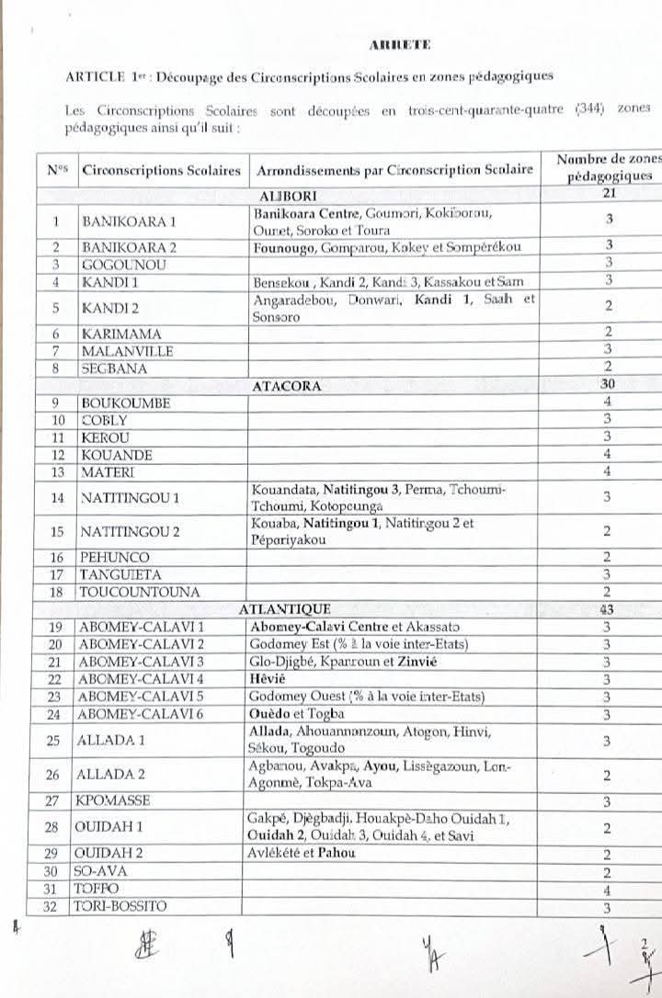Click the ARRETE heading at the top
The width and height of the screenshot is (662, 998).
pos(399,44)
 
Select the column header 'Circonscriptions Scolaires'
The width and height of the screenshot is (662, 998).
pos(161,170)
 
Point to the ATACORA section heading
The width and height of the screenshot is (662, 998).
pos(286,386)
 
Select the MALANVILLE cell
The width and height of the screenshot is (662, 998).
pos(127,351)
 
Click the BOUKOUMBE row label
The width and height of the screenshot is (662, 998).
pos(125,403)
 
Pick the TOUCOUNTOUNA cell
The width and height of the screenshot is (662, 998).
pos(140,593)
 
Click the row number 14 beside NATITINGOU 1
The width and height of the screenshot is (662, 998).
pos(57,497)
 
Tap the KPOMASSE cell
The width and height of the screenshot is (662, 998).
pos(115,800)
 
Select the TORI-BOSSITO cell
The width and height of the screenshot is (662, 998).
pos(124,907)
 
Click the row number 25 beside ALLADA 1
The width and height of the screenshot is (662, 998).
pos(57,740)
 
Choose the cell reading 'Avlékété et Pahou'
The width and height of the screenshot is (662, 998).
pos(302,853)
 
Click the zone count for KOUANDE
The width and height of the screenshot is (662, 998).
pos(608,455)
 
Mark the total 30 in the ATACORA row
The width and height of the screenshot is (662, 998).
pos(607,386)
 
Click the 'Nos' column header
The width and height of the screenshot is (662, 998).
pos(57,170)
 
